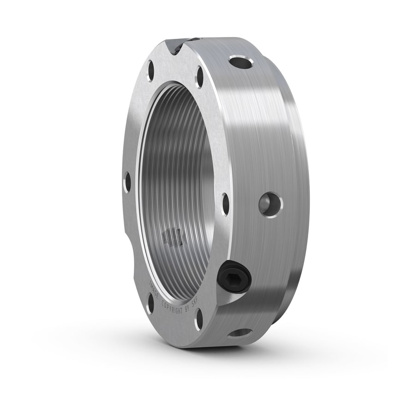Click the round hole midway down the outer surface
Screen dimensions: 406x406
[271, 205]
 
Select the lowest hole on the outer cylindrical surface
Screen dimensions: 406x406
[239, 333]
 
